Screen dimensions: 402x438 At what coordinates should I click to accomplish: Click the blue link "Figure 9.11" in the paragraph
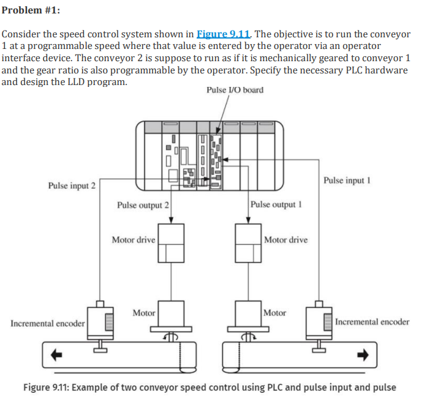[223, 34]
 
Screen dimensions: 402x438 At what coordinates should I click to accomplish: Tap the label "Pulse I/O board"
[235, 90]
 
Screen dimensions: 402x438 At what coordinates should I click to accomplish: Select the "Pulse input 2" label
[72, 185]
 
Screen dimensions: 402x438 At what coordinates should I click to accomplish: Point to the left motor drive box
[171, 243]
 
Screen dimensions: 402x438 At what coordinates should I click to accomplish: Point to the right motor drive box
[248, 243]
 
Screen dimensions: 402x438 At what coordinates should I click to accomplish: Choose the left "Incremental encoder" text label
[48, 322]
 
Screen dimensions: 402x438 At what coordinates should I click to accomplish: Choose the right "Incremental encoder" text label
[372, 322]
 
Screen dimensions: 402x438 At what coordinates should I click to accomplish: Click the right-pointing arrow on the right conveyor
[363, 354]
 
